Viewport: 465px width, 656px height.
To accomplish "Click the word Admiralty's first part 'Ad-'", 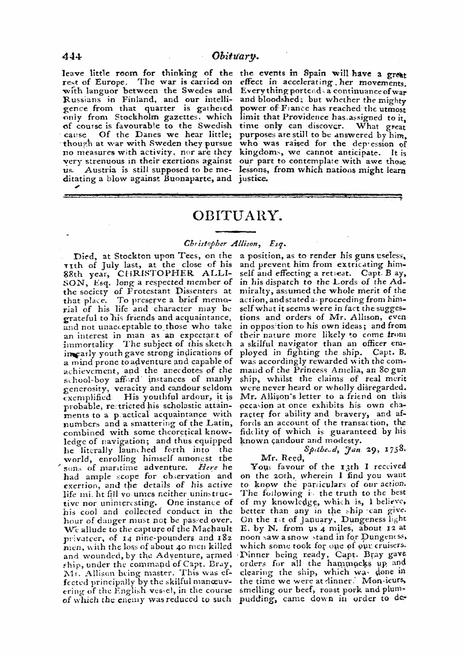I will (x=397, y=282).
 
